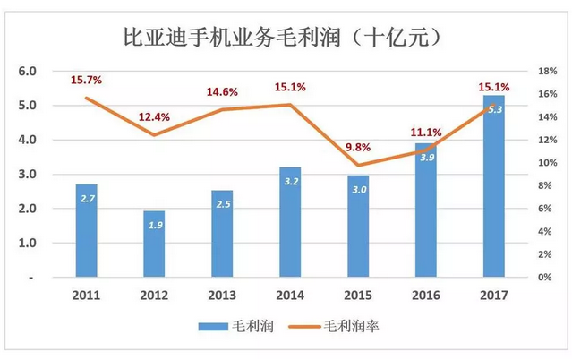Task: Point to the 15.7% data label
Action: pos(87,81)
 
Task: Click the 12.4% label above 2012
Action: pos(155,117)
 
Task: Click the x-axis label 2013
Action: pos(223,295)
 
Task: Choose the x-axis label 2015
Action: pos(357,295)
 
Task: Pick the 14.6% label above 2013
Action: pos(222,91)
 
